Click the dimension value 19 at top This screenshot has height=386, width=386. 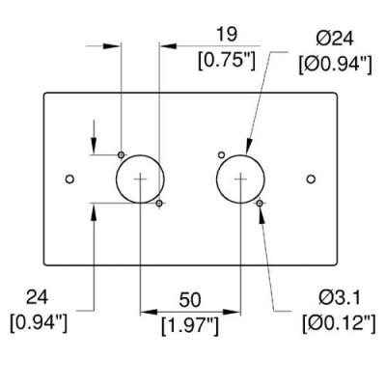(227, 35)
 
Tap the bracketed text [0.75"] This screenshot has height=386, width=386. (227, 61)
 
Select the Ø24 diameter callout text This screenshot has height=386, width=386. (335, 40)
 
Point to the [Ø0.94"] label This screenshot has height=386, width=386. (335, 65)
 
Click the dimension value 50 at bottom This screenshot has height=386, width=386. (190, 300)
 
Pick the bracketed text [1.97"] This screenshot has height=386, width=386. (190, 326)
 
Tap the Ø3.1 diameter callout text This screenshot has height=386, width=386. (340, 298)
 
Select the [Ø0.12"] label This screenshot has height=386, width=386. (339, 323)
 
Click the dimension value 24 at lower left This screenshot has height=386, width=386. (37, 297)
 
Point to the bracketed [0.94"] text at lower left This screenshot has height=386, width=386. (39, 323)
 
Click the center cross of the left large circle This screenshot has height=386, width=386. (140, 179)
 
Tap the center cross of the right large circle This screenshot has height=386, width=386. (240, 179)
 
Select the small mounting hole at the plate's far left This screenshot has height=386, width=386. (69, 179)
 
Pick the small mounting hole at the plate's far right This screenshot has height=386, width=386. (311, 179)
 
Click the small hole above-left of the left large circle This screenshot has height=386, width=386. (121, 155)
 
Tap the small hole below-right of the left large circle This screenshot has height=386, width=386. (159, 203)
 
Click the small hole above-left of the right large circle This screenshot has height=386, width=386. (221, 155)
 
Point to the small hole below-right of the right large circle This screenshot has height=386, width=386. (260, 203)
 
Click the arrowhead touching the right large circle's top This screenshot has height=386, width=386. (249, 146)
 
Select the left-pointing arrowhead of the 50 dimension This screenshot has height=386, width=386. (149, 312)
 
